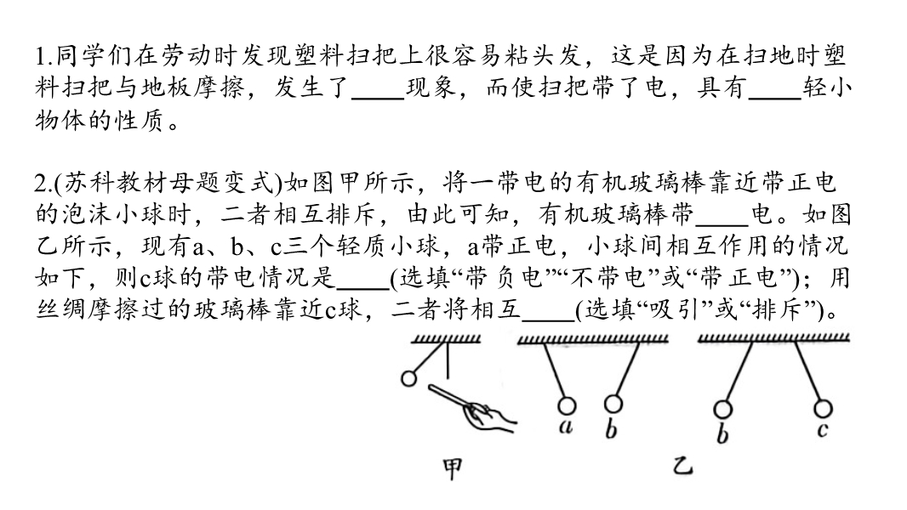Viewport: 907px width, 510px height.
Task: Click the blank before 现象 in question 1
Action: [x=378, y=99]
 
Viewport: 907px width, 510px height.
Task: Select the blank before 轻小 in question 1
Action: [x=775, y=99]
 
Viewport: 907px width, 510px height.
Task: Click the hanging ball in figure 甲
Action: [x=409, y=378]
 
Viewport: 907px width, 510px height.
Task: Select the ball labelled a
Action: [x=567, y=405]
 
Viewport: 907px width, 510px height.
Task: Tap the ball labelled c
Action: [x=823, y=408]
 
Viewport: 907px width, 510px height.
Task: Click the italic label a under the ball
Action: [x=566, y=426]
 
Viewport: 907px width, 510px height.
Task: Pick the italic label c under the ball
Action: [x=823, y=430]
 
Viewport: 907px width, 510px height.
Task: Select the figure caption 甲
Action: [x=453, y=469]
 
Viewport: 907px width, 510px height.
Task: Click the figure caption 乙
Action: [x=683, y=466]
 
